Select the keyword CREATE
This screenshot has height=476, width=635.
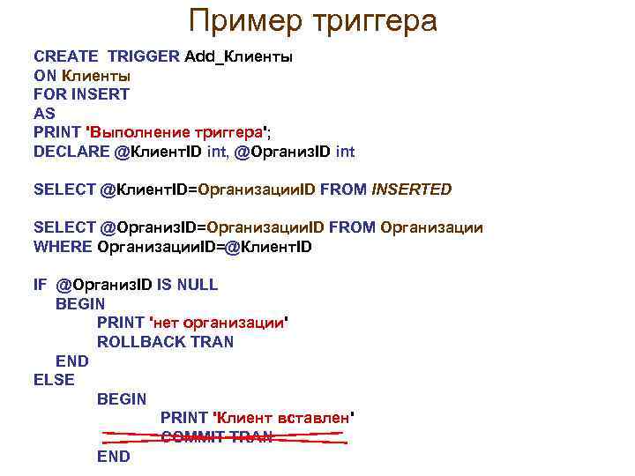(x=67, y=56)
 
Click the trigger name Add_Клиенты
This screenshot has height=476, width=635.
(x=239, y=56)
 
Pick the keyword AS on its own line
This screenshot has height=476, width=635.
(x=44, y=113)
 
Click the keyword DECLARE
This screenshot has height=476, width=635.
(x=71, y=152)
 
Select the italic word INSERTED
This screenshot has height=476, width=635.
(x=412, y=189)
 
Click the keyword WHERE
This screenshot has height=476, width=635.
(x=63, y=247)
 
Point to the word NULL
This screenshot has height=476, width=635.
(x=197, y=285)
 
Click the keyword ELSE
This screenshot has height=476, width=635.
(x=54, y=380)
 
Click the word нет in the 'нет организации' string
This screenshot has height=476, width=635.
(x=168, y=323)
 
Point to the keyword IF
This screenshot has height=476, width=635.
(x=39, y=285)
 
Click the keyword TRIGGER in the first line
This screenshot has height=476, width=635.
(x=144, y=56)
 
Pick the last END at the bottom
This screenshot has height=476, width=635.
(x=114, y=457)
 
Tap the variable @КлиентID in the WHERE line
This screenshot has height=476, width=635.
(x=269, y=247)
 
